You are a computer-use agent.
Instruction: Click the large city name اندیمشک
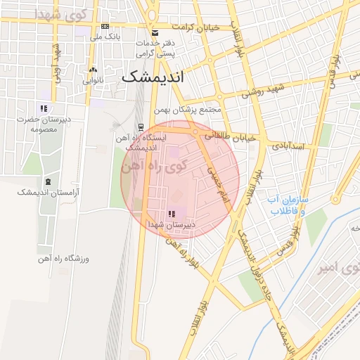[153, 77]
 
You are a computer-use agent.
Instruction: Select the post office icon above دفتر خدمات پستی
[155, 33]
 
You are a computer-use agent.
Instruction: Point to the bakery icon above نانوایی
[93, 70]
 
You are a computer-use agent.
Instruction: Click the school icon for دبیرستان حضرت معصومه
[44, 108]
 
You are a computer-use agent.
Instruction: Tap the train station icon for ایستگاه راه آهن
[141, 128]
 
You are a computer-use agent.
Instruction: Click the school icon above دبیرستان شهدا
[171, 214]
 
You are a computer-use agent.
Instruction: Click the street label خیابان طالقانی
[228, 134]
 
